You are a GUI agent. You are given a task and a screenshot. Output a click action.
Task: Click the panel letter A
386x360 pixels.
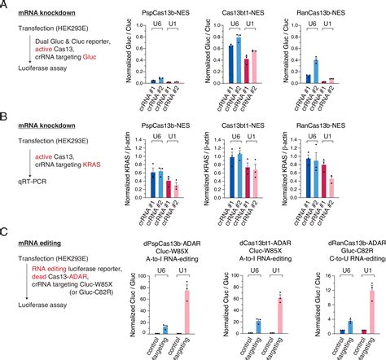point(5,6)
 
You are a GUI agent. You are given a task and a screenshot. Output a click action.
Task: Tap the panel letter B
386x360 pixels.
point(5,120)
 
